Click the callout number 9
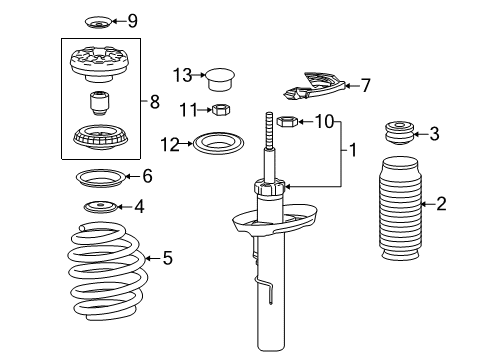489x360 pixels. point(132,20)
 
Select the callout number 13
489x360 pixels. point(180,74)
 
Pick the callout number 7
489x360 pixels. point(366,86)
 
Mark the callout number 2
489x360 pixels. point(441,204)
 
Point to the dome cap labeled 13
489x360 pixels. point(221,77)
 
